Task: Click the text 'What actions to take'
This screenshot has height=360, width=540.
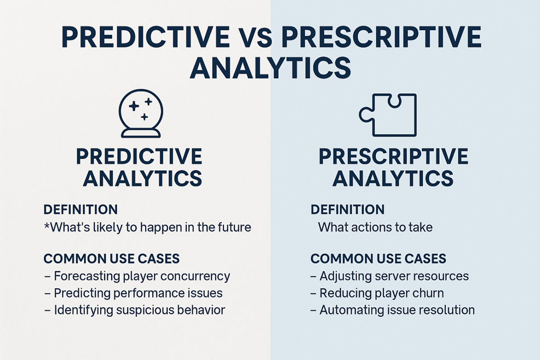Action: click(375, 227)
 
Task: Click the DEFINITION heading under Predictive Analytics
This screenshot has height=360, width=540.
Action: click(81, 209)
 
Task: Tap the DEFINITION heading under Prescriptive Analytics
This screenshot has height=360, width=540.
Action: click(347, 209)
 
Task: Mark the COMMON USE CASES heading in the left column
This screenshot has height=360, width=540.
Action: click(112, 259)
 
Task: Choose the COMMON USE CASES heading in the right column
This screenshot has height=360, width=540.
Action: click(378, 259)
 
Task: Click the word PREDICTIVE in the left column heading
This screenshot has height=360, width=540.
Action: click(139, 156)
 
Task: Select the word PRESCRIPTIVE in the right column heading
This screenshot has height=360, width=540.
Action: click(393, 156)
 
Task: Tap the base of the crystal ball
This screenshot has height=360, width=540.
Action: click(141, 133)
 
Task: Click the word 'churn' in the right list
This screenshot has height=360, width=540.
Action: click(427, 293)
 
